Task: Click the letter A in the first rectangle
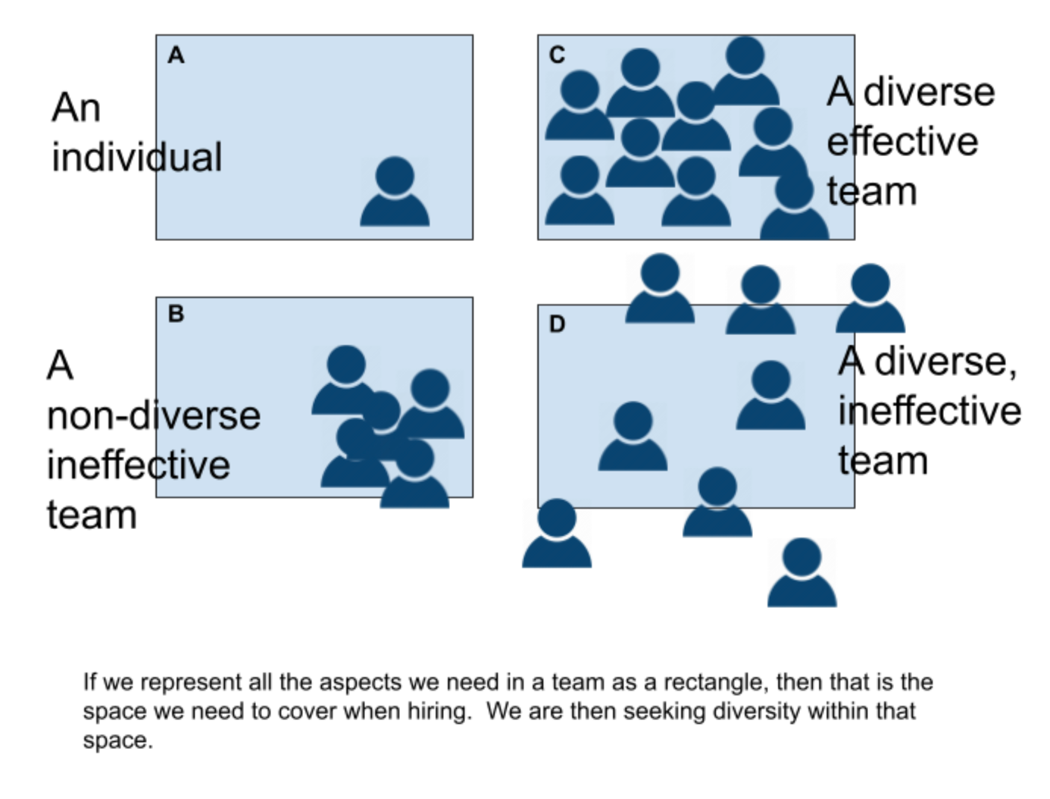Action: (176, 55)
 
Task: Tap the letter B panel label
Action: (176, 313)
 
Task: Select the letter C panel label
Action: (557, 55)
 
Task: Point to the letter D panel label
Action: (557, 324)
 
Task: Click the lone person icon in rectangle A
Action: (395, 193)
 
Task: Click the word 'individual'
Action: (136, 158)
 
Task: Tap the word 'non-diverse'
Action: (154, 415)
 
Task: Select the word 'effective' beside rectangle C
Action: (902, 142)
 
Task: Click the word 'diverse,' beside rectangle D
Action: (945, 361)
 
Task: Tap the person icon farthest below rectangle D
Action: (802, 574)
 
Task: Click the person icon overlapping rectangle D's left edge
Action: (557, 534)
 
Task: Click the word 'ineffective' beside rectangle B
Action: (139, 465)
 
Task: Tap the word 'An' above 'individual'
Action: (76, 108)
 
